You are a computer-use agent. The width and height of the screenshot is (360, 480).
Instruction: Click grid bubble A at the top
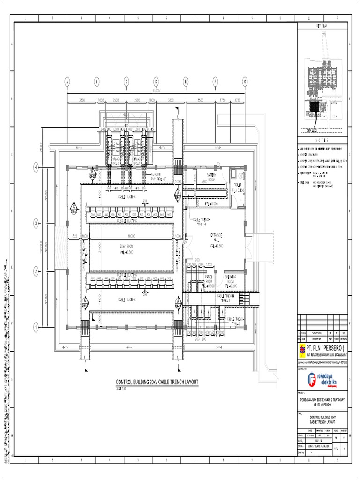67,82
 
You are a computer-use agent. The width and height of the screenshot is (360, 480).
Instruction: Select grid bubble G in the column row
245,82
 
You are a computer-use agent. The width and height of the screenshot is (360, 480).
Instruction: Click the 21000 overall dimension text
156,90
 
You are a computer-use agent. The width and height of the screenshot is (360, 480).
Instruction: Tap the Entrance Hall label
217,240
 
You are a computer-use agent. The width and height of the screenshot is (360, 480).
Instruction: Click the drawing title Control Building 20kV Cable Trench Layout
157,382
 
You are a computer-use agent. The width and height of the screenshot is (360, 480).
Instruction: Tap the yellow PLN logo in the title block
301,348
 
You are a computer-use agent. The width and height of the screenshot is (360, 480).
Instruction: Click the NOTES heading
322,140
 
